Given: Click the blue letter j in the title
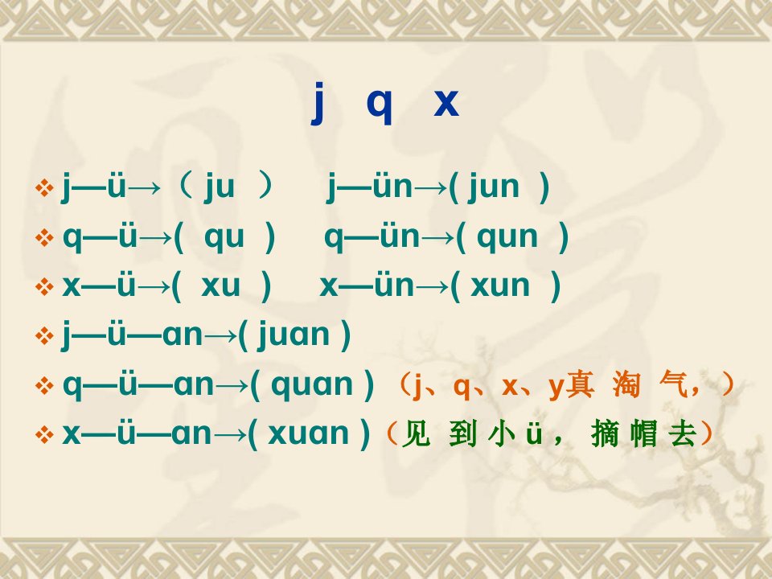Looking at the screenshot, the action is pos(318,103).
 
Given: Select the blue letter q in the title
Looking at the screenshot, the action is pos(380,106).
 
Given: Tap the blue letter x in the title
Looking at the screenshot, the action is pos(446,102).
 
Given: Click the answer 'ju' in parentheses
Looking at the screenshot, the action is pos(219,187).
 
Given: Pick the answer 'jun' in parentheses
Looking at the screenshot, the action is pos(494,187).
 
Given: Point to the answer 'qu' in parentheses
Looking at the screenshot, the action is pos(224,238).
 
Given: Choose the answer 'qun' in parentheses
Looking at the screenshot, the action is pos(507,238).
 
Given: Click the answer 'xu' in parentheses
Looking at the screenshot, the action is pos(220,285).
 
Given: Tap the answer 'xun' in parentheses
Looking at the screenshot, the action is pos(499,285).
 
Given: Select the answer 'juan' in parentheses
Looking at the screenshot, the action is pos(294,335).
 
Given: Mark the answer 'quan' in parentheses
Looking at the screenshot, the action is pos(312,385).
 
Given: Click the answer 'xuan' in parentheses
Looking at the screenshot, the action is pos(308,433).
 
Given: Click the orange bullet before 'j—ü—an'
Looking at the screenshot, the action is pos(44,336).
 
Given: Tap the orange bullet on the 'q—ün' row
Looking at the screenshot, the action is pos(44,238).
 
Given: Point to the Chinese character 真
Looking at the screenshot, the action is pos(579,384).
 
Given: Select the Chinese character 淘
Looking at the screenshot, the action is pos(626,385).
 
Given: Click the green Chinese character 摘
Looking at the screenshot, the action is pos(605,433).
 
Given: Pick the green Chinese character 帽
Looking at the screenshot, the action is pos(643,433).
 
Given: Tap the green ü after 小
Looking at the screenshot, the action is pos(534,433).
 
